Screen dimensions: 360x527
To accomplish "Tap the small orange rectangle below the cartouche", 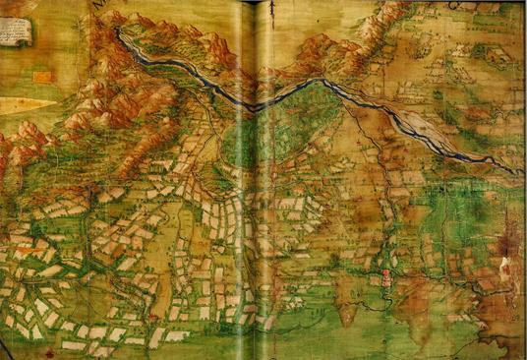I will click(43, 76).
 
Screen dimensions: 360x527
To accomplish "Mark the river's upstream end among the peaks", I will click(119, 32).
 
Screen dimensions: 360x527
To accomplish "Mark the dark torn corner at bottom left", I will click(6, 350).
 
